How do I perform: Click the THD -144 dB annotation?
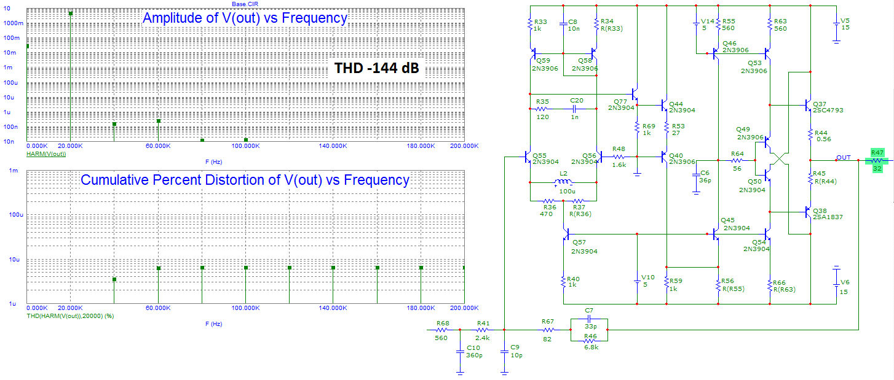click(x=376, y=68)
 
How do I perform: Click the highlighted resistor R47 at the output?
click(x=877, y=161)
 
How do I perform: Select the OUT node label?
click(x=844, y=157)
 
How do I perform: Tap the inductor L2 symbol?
click(x=563, y=183)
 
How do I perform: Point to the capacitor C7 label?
click(x=588, y=311)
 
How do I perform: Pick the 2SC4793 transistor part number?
click(x=828, y=111)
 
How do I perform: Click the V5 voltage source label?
click(x=845, y=20)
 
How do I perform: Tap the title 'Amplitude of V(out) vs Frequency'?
click(x=245, y=18)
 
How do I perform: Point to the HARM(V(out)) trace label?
click(x=46, y=153)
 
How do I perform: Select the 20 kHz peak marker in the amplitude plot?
click(x=71, y=14)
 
